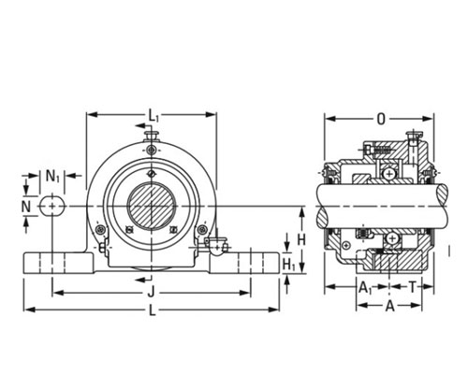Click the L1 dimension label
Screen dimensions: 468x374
click(154, 116)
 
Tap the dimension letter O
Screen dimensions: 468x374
click(381, 119)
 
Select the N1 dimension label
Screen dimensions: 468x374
click(52, 176)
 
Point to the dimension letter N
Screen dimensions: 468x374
click(26, 207)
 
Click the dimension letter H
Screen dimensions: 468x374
click(301, 240)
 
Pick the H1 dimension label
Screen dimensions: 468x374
click(289, 266)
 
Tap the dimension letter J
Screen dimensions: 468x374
click(151, 293)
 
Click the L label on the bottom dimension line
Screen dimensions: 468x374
click(152, 310)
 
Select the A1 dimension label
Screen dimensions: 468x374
click(365, 287)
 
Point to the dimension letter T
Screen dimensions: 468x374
click(413, 287)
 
